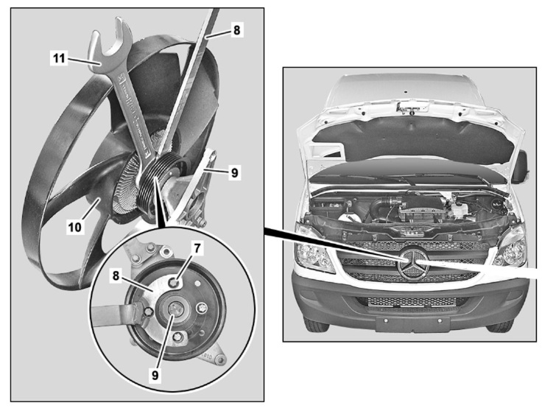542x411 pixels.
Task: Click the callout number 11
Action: (59, 58)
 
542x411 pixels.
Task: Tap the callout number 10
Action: (75, 227)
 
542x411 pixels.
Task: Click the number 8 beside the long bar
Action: (236, 30)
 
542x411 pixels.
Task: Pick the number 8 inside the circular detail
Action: (116, 275)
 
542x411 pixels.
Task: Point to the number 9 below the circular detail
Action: (155, 374)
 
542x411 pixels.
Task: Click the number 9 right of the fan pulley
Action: (234, 172)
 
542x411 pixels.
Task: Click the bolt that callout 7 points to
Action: (173, 283)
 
